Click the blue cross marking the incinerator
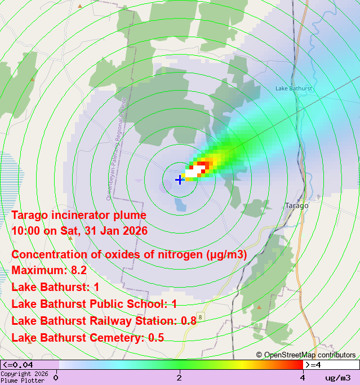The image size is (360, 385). (179, 180)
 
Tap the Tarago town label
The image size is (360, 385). (297, 205)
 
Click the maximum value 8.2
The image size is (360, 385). (76, 270)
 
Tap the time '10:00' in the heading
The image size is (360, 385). (25, 231)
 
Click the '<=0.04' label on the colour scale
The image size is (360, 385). (17, 365)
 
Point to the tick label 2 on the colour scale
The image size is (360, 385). (179, 378)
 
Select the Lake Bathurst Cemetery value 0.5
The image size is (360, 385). (156, 338)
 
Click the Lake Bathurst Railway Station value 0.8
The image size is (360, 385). (188, 321)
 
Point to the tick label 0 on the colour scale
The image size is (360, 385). (55, 378)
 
